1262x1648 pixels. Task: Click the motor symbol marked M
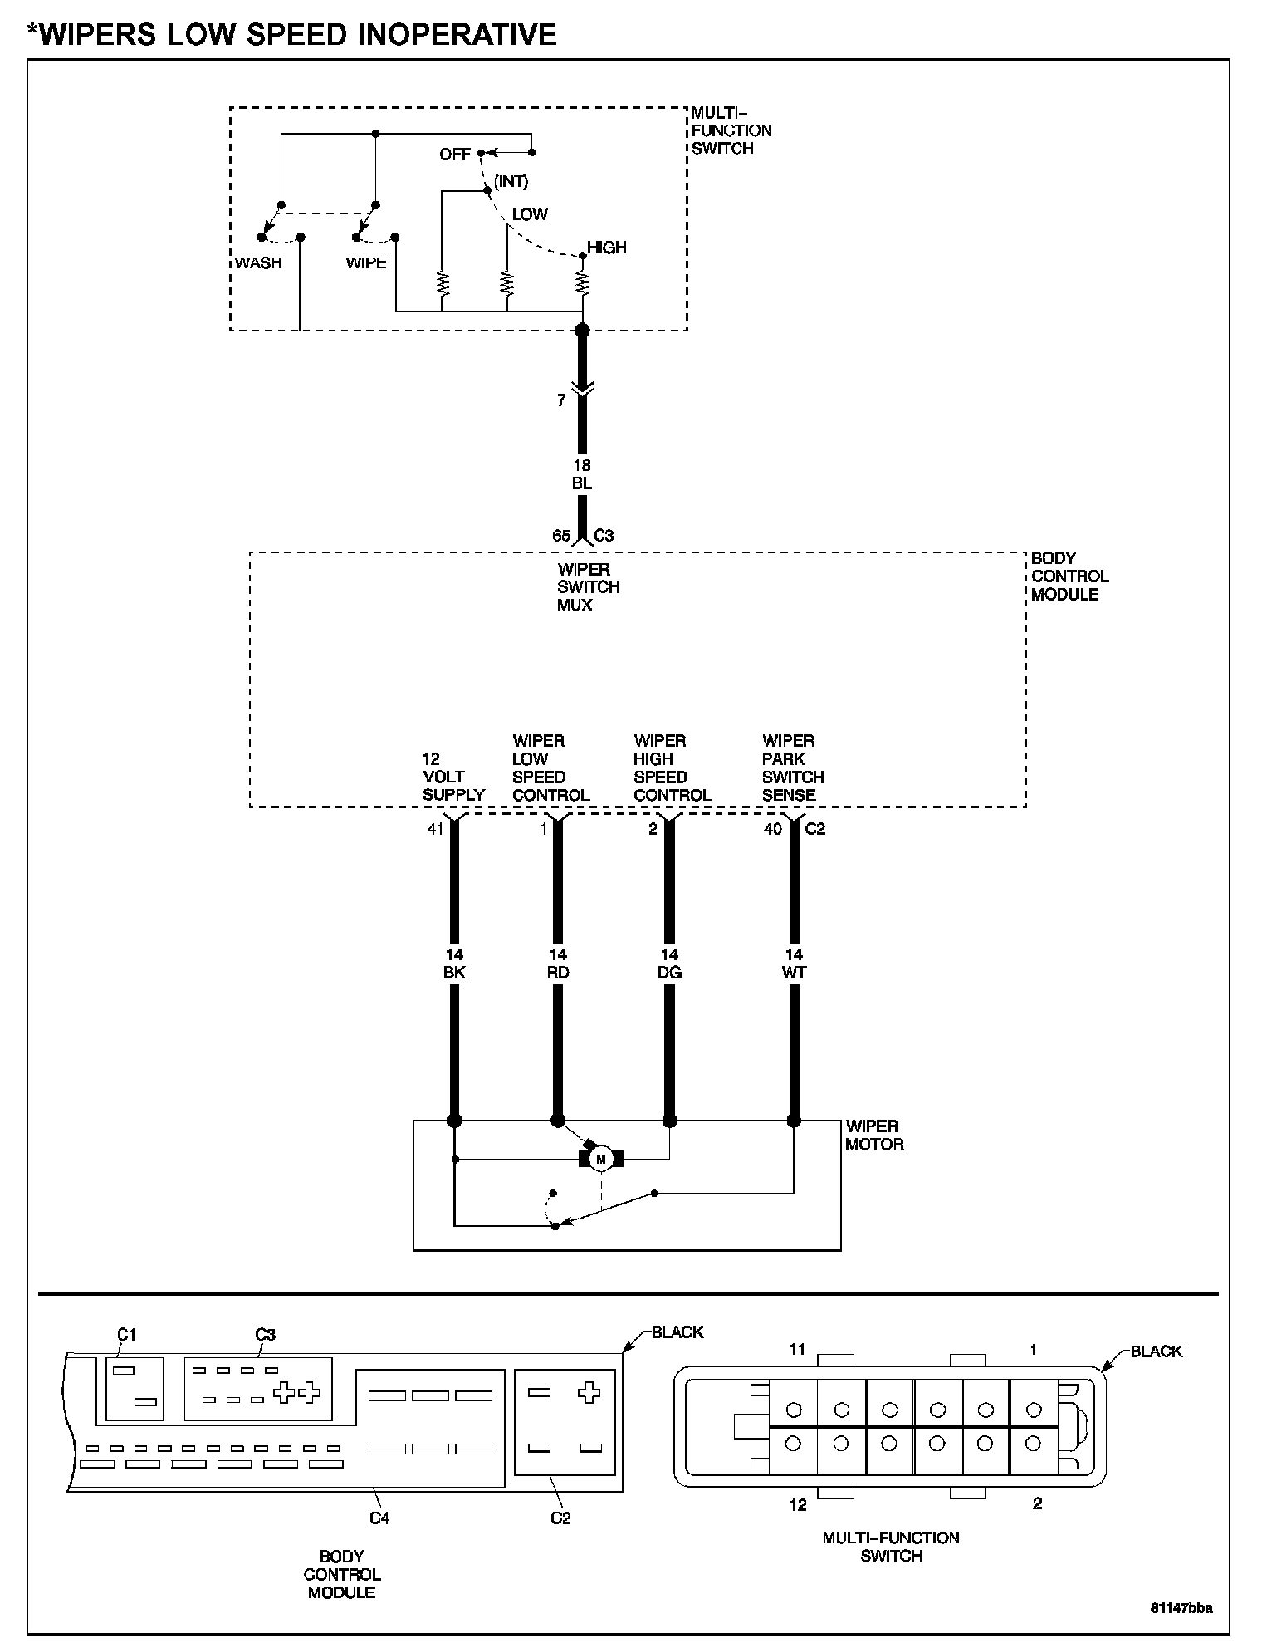(x=601, y=1158)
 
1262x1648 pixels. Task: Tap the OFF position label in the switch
(x=455, y=154)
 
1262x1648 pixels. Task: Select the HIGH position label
(x=607, y=248)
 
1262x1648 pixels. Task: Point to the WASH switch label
(x=258, y=263)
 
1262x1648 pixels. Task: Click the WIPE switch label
(x=366, y=263)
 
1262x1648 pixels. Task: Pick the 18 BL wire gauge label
(x=582, y=474)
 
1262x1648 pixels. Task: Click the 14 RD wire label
(x=558, y=964)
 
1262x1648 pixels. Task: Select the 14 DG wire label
(x=669, y=964)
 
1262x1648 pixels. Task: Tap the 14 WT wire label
(x=794, y=964)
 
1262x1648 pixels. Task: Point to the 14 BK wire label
(x=454, y=964)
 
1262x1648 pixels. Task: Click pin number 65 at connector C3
(x=561, y=536)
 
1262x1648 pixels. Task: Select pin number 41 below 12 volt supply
(x=435, y=829)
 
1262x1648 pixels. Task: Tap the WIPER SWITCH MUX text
(x=588, y=587)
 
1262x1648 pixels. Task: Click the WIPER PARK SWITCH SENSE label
(x=793, y=768)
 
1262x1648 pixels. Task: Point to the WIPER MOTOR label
(x=874, y=1135)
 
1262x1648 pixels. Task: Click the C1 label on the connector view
(x=125, y=1335)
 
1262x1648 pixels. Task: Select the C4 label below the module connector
(x=379, y=1518)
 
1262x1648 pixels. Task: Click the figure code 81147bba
(x=1181, y=1607)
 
